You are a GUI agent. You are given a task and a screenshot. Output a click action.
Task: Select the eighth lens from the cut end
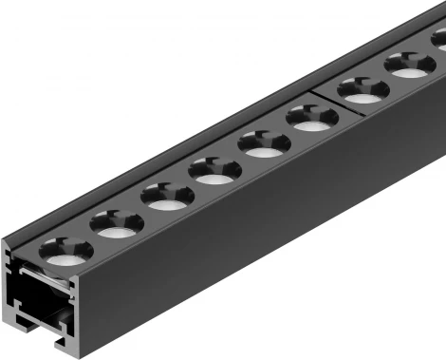click(409, 67)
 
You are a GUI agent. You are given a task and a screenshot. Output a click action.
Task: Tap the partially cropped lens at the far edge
click(438, 41)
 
